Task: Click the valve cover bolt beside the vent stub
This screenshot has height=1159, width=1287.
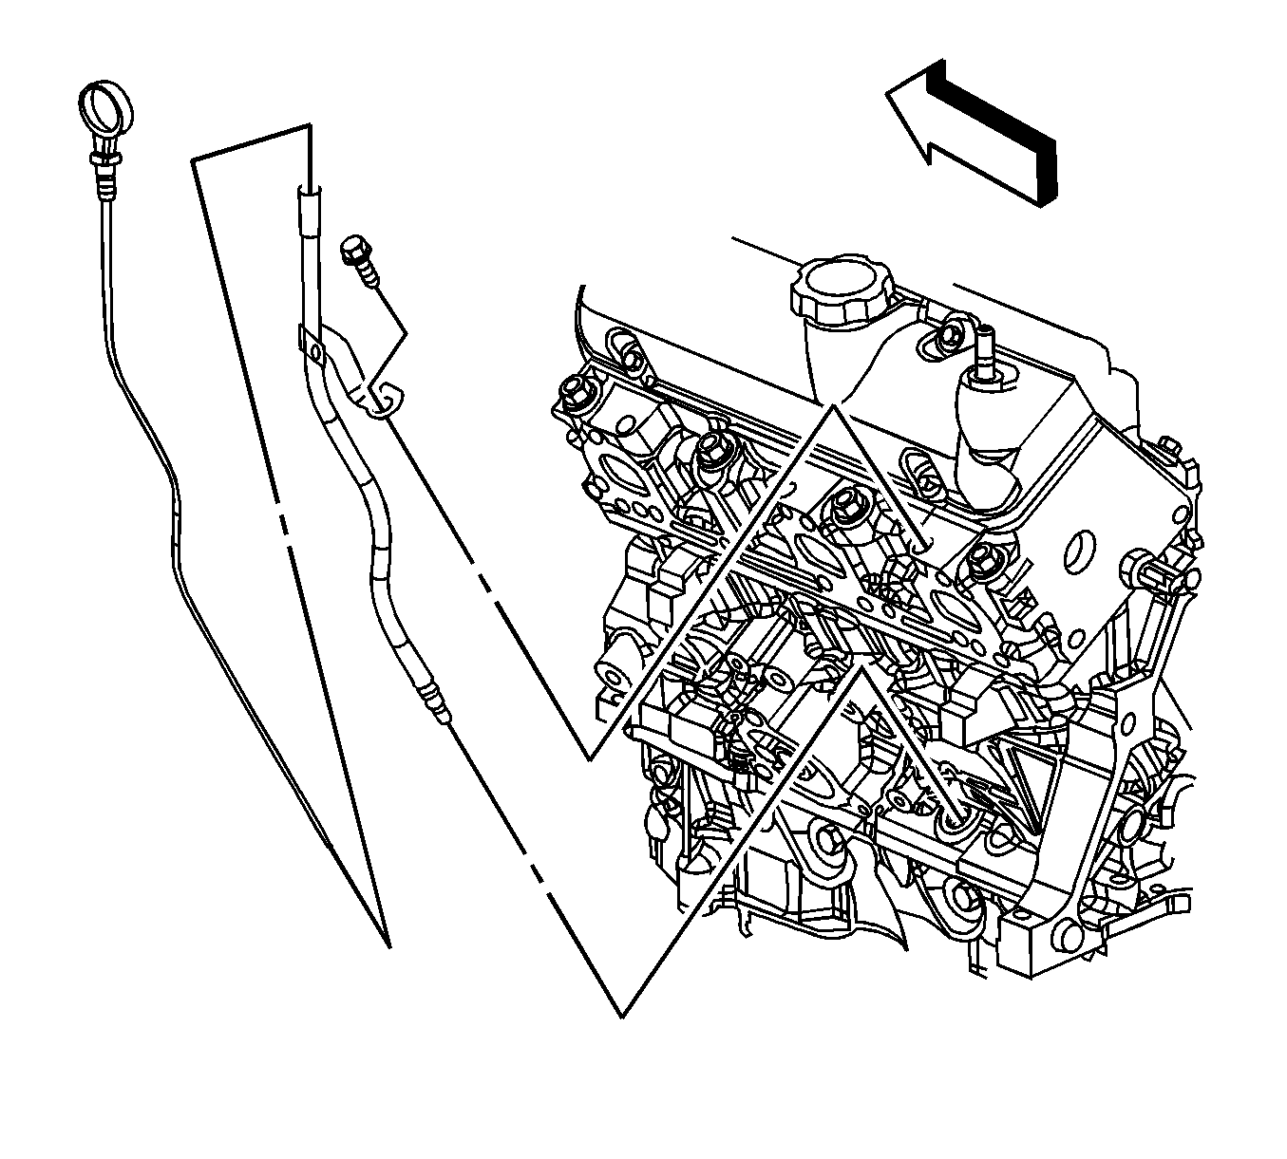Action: (x=944, y=338)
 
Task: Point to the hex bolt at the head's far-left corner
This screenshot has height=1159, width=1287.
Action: (x=574, y=389)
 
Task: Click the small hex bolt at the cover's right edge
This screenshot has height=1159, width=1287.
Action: (x=1170, y=446)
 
